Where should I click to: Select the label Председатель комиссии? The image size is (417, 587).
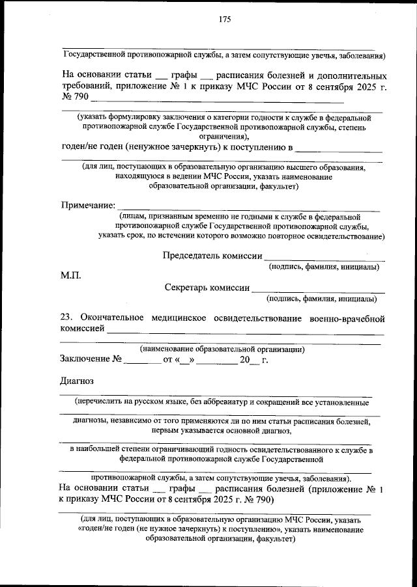pyautogui.click(x=212, y=256)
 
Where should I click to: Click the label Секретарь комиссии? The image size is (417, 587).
pyautogui.click(x=207, y=288)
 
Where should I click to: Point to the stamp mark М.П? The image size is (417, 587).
pyautogui.click(x=70, y=276)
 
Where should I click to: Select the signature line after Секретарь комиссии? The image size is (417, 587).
pyautogui.click(x=317, y=291)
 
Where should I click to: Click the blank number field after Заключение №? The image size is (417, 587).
pyautogui.click(x=142, y=361)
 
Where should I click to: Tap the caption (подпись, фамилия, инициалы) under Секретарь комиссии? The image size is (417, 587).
pyautogui.click(x=321, y=299)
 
